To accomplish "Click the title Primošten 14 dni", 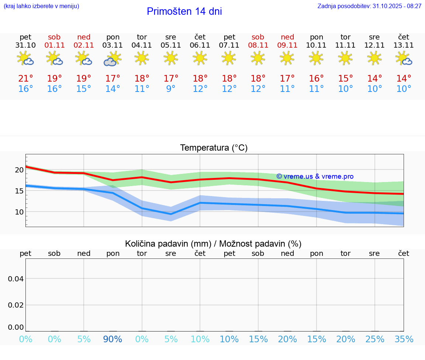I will click(x=184, y=11).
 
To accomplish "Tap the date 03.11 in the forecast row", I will click(x=113, y=45).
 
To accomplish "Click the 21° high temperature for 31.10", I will click(x=25, y=79).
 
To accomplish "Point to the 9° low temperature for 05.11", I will click(x=171, y=89).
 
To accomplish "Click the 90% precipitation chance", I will click(x=113, y=339).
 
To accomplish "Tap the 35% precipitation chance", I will click(x=404, y=339).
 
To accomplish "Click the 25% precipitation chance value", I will click(x=374, y=339).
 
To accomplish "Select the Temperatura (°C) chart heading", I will click(x=214, y=148).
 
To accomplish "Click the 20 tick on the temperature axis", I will click(x=19, y=170).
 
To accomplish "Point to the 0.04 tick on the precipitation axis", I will click(x=16, y=279).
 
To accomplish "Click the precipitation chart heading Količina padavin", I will click(x=213, y=244).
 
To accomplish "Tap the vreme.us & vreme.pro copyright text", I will click(x=315, y=176).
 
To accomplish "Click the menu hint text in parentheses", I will click(x=41, y=6).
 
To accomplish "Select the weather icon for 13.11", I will click(x=404, y=58).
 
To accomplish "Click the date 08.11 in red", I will click(x=258, y=45).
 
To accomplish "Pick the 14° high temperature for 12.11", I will click(x=374, y=79).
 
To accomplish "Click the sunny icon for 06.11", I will click(x=200, y=58).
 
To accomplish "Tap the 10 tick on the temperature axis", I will click(x=19, y=212).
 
